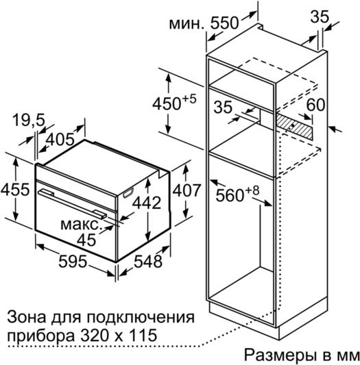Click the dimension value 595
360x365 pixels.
pos(73,261)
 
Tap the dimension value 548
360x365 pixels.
pos(148,261)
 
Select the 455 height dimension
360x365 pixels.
pos(15,189)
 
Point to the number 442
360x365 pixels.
pos(147,203)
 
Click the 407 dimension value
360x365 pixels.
pos(187,190)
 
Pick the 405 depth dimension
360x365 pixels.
pos(60,140)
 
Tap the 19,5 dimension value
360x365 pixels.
pos(29,120)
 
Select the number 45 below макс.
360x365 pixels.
pos(86,240)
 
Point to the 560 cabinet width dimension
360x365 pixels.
pos(230,195)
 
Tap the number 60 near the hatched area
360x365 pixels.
pos(315,105)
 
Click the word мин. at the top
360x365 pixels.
pos(187,24)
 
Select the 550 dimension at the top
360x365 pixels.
pos(225,23)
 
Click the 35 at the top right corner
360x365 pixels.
pos(320,16)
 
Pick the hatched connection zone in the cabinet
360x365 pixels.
pos(294,127)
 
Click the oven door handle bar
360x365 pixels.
pos(73,204)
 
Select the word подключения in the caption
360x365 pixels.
pos(141,318)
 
